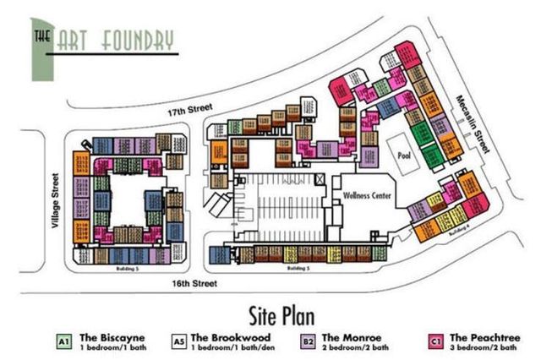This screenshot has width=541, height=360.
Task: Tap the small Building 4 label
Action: [x=457, y=232]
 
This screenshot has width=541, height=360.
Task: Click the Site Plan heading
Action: [x=270, y=315]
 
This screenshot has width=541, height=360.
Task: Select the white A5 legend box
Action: [x=178, y=341]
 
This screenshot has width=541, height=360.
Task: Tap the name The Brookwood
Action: [x=233, y=336]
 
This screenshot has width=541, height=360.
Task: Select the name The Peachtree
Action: [x=484, y=336]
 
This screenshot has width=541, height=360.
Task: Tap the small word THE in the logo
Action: [x=40, y=36]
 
